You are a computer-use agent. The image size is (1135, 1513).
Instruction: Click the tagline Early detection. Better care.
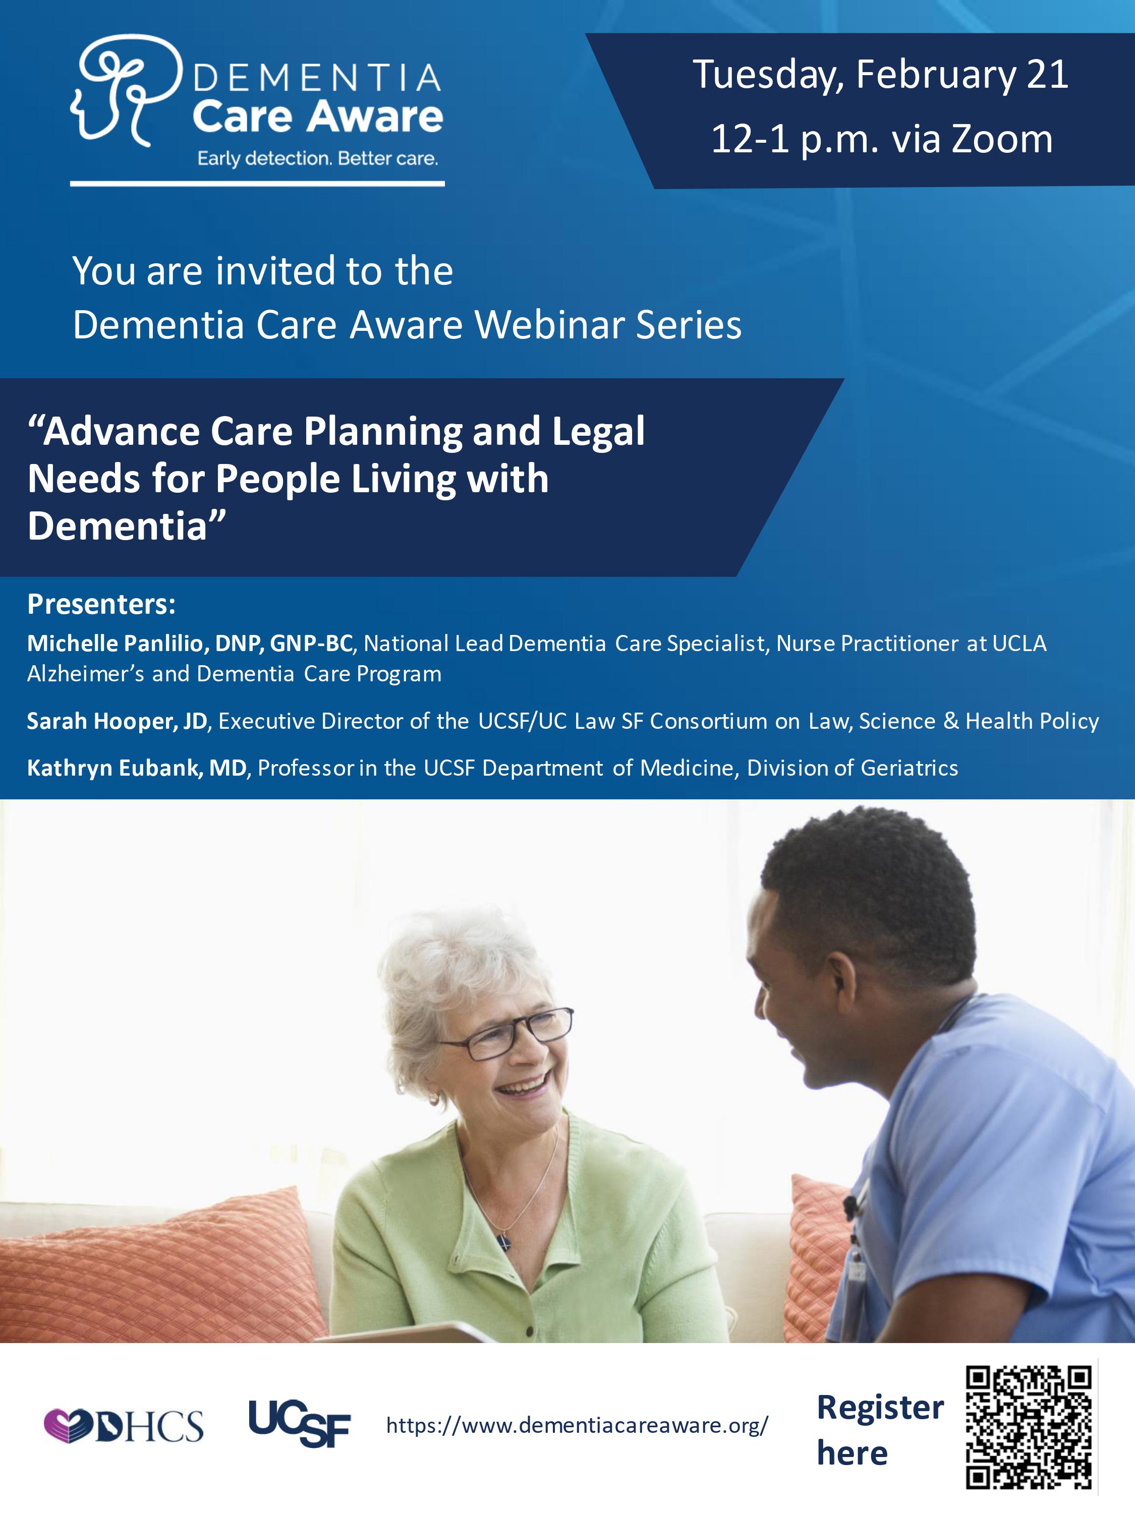click(x=317, y=159)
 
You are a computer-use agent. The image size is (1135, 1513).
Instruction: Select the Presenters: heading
click(x=101, y=604)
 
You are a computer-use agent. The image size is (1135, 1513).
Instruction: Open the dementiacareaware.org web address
click(x=577, y=1425)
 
